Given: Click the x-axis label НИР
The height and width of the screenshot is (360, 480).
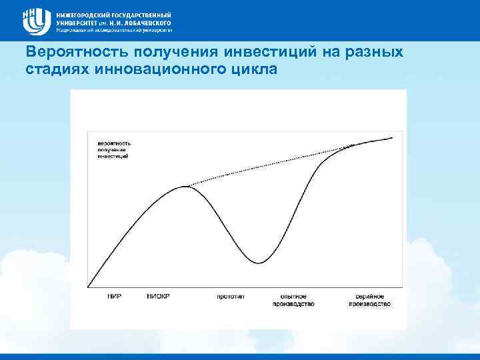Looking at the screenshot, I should (114, 296).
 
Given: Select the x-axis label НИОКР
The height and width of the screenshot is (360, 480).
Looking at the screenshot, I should (158, 296).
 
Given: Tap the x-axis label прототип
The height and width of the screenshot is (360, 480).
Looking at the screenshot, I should (230, 296).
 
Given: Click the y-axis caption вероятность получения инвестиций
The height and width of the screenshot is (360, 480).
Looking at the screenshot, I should (114, 150).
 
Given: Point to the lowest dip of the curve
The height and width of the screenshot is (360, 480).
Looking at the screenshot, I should (261, 263).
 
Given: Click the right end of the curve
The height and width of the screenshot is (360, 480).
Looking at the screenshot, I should (392, 138).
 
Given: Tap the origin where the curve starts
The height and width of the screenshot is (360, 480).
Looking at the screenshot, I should (88, 287).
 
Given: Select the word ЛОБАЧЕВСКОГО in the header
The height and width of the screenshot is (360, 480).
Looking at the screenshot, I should (141, 22).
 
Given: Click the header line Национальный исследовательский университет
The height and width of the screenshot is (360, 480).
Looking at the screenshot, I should (114, 30).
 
